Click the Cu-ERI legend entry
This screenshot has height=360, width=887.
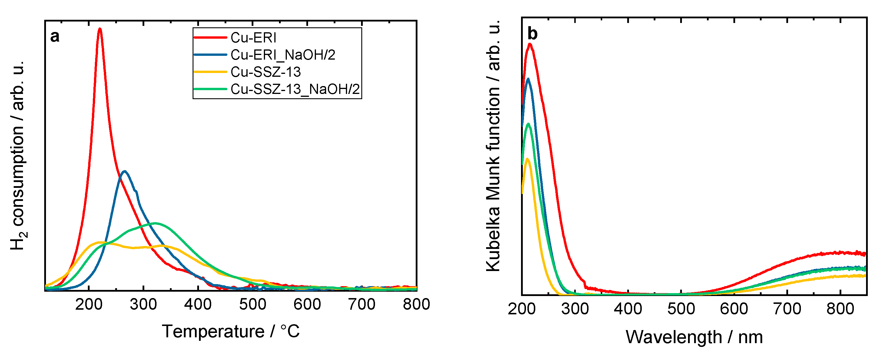pos(253,38)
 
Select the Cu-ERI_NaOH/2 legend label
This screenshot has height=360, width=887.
pos(282,55)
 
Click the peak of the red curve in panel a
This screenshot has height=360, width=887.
pos(100,29)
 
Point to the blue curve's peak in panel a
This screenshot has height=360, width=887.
pos(125,171)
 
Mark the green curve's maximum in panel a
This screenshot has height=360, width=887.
pos(155,223)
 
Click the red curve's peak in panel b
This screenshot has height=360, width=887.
pos(530,44)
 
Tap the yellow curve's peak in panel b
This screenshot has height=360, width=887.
pos(527,159)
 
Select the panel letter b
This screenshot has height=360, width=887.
pos(532,34)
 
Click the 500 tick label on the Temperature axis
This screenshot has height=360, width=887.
pos(253,304)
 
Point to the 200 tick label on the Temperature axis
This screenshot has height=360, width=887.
pos(88,304)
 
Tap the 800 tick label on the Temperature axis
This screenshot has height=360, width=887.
pos(416,304)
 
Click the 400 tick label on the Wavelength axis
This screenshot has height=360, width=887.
pos(628,309)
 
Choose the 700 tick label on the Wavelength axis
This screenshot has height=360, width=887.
pos(787,309)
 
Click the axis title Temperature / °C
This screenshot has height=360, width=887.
pos(231,332)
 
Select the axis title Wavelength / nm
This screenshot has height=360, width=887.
pos(694,337)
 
